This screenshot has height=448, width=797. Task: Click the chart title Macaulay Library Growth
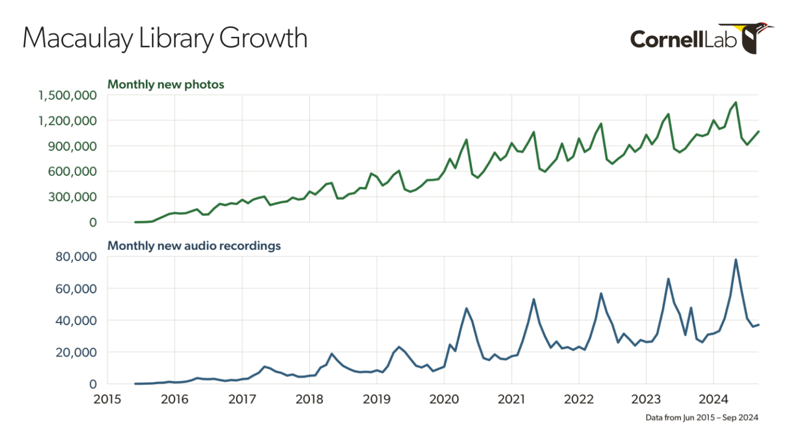[165, 38]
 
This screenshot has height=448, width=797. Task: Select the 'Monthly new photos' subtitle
[166, 85]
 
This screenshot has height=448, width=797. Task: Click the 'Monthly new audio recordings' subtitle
[194, 246]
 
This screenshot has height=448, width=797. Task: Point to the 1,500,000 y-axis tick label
[67, 95]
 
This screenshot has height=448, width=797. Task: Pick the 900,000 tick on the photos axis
[72, 146]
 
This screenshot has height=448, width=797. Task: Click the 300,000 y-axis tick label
[72, 197]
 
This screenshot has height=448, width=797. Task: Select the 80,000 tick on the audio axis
[76, 257]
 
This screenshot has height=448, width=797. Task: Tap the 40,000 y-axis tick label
[76, 320]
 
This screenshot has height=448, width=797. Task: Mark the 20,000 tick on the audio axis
[76, 353]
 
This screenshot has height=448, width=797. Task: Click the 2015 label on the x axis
[107, 399]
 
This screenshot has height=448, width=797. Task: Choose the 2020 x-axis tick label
[444, 399]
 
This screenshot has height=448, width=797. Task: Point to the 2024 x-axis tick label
[713, 399]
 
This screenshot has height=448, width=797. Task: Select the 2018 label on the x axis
[309, 399]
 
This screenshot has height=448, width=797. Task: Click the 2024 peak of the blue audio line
[736, 260]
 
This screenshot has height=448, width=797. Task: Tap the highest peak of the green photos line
[736, 103]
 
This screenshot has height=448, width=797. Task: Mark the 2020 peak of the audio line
[466, 309]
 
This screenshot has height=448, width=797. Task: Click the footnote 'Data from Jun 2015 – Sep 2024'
[702, 417]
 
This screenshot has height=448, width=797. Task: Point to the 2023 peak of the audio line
[668, 279]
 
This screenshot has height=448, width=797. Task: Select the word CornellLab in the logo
[683, 39]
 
